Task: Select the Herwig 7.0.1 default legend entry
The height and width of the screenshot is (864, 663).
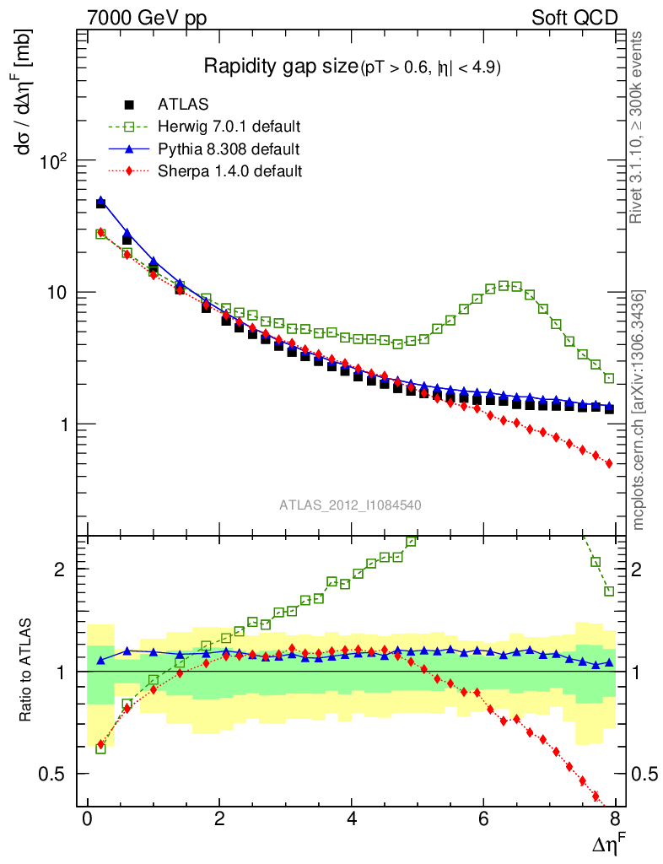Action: tap(229, 127)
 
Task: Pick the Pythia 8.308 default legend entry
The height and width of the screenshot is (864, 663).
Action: tap(229, 149)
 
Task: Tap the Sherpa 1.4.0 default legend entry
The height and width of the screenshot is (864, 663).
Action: tap(230, 171)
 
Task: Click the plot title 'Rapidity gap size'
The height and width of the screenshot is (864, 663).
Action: tap(281, 67)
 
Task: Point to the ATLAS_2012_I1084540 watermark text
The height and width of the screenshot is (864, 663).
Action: tap(350, 505)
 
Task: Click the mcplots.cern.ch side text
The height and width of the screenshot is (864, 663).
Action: tap(639, 410)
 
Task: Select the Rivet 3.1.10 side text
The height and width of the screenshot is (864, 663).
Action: tap(639, 127)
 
